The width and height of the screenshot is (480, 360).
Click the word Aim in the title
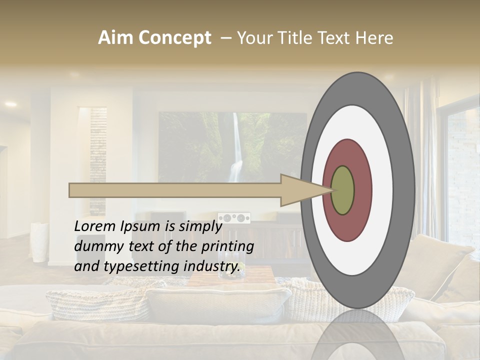116,38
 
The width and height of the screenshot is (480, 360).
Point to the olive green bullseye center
342,190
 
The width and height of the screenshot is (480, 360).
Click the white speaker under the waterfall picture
234,218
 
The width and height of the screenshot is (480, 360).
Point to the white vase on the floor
38,242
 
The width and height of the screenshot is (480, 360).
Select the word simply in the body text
200,226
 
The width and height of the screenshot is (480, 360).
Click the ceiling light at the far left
10,104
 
